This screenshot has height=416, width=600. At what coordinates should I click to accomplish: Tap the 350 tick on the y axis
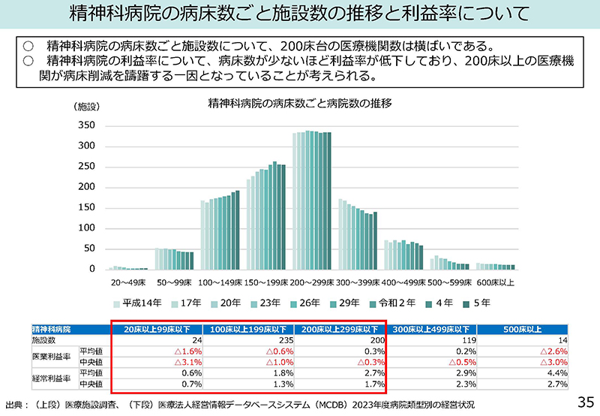click(87, 125)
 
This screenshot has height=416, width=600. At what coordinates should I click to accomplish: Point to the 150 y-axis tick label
click(87, 207)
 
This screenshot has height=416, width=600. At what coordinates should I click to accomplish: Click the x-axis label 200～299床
click(313, 283)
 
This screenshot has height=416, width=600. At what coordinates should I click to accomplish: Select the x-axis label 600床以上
click(496, 283)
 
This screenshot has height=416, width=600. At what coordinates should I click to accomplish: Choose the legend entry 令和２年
click(394, 304)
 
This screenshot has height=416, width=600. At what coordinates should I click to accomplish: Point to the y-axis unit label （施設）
click(87, 107)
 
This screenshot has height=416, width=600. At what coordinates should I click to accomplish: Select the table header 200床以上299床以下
click(340, 329)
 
